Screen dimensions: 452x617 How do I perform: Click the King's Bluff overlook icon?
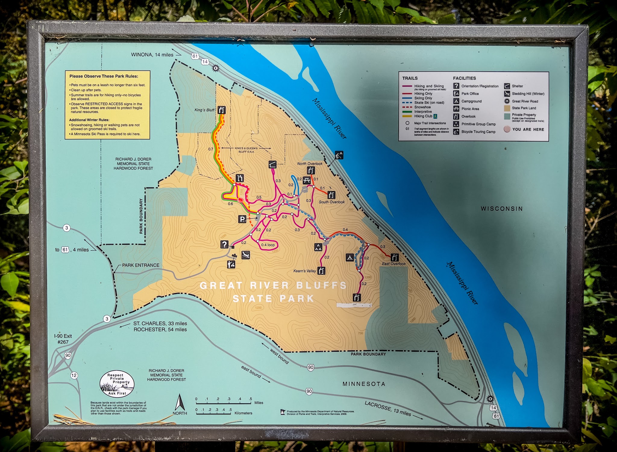[x=222, y=110]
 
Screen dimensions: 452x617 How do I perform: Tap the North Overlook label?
[x=309, y=164]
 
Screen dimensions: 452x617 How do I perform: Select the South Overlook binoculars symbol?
[x=331, y=195]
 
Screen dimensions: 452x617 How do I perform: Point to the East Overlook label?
[x=393, y=264]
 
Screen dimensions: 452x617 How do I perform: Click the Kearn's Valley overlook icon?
[x=321, y=271]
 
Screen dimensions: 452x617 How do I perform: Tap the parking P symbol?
[x=242, y=219]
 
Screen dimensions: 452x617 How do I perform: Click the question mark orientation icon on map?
[x=224, y=244]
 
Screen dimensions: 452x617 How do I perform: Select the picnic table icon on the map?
[x=307, y=180]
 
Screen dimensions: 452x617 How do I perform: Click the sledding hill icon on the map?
[x=246, y=255]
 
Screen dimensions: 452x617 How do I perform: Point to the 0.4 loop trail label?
[x=268, y=245]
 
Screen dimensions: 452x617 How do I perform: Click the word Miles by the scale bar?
[x=258, y=403]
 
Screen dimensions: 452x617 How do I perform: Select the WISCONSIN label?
[x=502, y=209]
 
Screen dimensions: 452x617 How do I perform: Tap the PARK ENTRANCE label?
[x=141, y=265]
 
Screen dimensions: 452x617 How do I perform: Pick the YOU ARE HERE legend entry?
[x=528, y=129]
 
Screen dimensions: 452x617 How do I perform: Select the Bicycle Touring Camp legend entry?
[x=478, y=132]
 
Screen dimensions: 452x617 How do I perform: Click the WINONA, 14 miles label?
[x=152, y=55]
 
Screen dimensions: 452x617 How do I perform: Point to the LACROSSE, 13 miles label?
[x=387, y=408]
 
